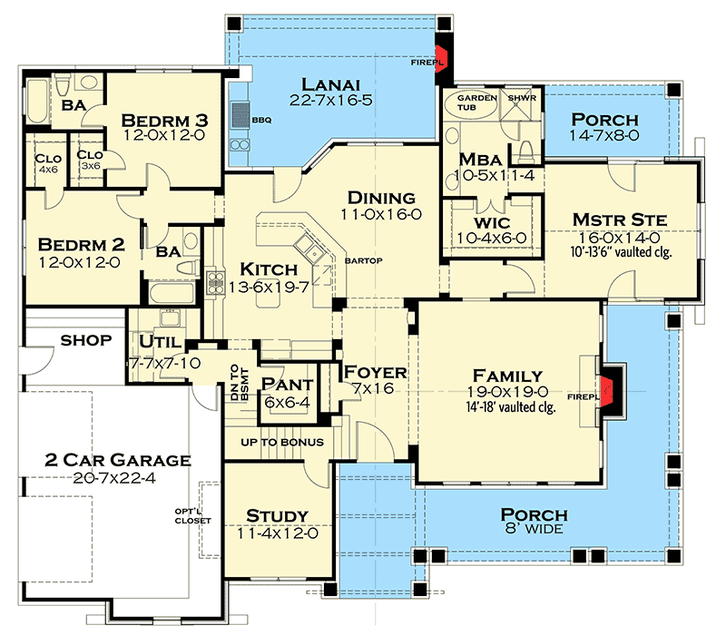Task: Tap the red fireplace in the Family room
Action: point(606,391)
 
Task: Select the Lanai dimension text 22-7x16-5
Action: point(331,100)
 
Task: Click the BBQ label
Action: point(261,121)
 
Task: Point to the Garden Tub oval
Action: point(471,103)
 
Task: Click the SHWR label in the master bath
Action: point(522,98)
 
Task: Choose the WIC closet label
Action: point(492,222)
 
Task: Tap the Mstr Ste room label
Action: point(620,220)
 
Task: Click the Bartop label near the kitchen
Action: point(364,261)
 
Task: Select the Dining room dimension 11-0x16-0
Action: point(381,214)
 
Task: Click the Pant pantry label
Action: point(288,384)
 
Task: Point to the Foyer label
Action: point(375,372)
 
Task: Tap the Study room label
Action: point(278,515)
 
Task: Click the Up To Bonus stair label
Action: point(282,443)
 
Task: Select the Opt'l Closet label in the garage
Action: point(192,516)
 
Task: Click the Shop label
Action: point(86,341)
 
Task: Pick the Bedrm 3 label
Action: point(165,121)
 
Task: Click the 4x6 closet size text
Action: point(48,170)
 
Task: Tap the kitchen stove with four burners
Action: point(215,281)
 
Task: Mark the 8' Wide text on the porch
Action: point(534,529)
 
